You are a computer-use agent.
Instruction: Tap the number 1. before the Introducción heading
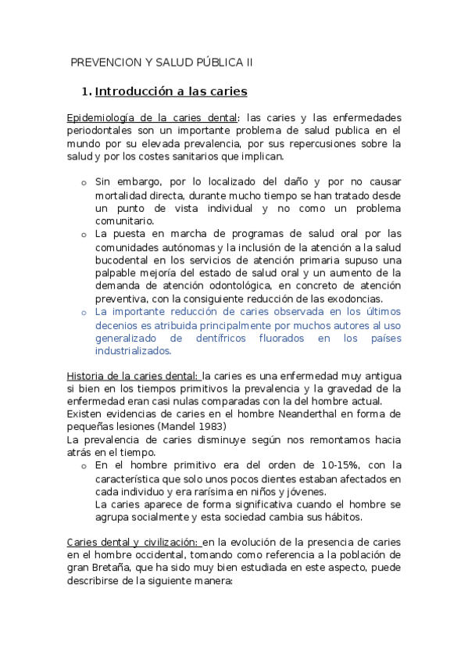pos(86,91)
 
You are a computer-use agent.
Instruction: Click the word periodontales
pos(101,131)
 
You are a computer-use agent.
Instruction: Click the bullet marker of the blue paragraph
pos(84,312)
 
